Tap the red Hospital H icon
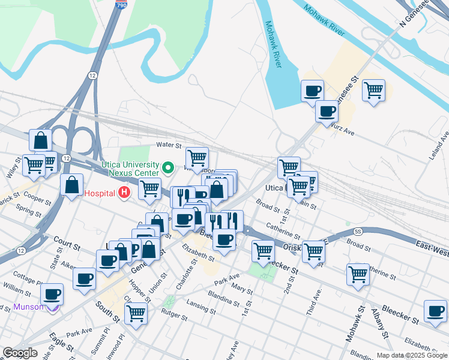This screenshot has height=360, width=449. coord(124,193)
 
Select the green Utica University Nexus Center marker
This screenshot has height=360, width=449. coord(169,167)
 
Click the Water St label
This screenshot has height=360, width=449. coord(169,145)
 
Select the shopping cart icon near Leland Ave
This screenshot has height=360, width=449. coord(373,91)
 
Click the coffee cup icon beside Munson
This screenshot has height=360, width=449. coord(52,294)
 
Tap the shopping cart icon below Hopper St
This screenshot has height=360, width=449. coord(136,312)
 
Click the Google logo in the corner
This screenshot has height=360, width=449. coord(20,353)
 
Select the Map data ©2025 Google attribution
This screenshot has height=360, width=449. coord(412,355)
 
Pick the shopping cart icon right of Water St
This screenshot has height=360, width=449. coord(197,158)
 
